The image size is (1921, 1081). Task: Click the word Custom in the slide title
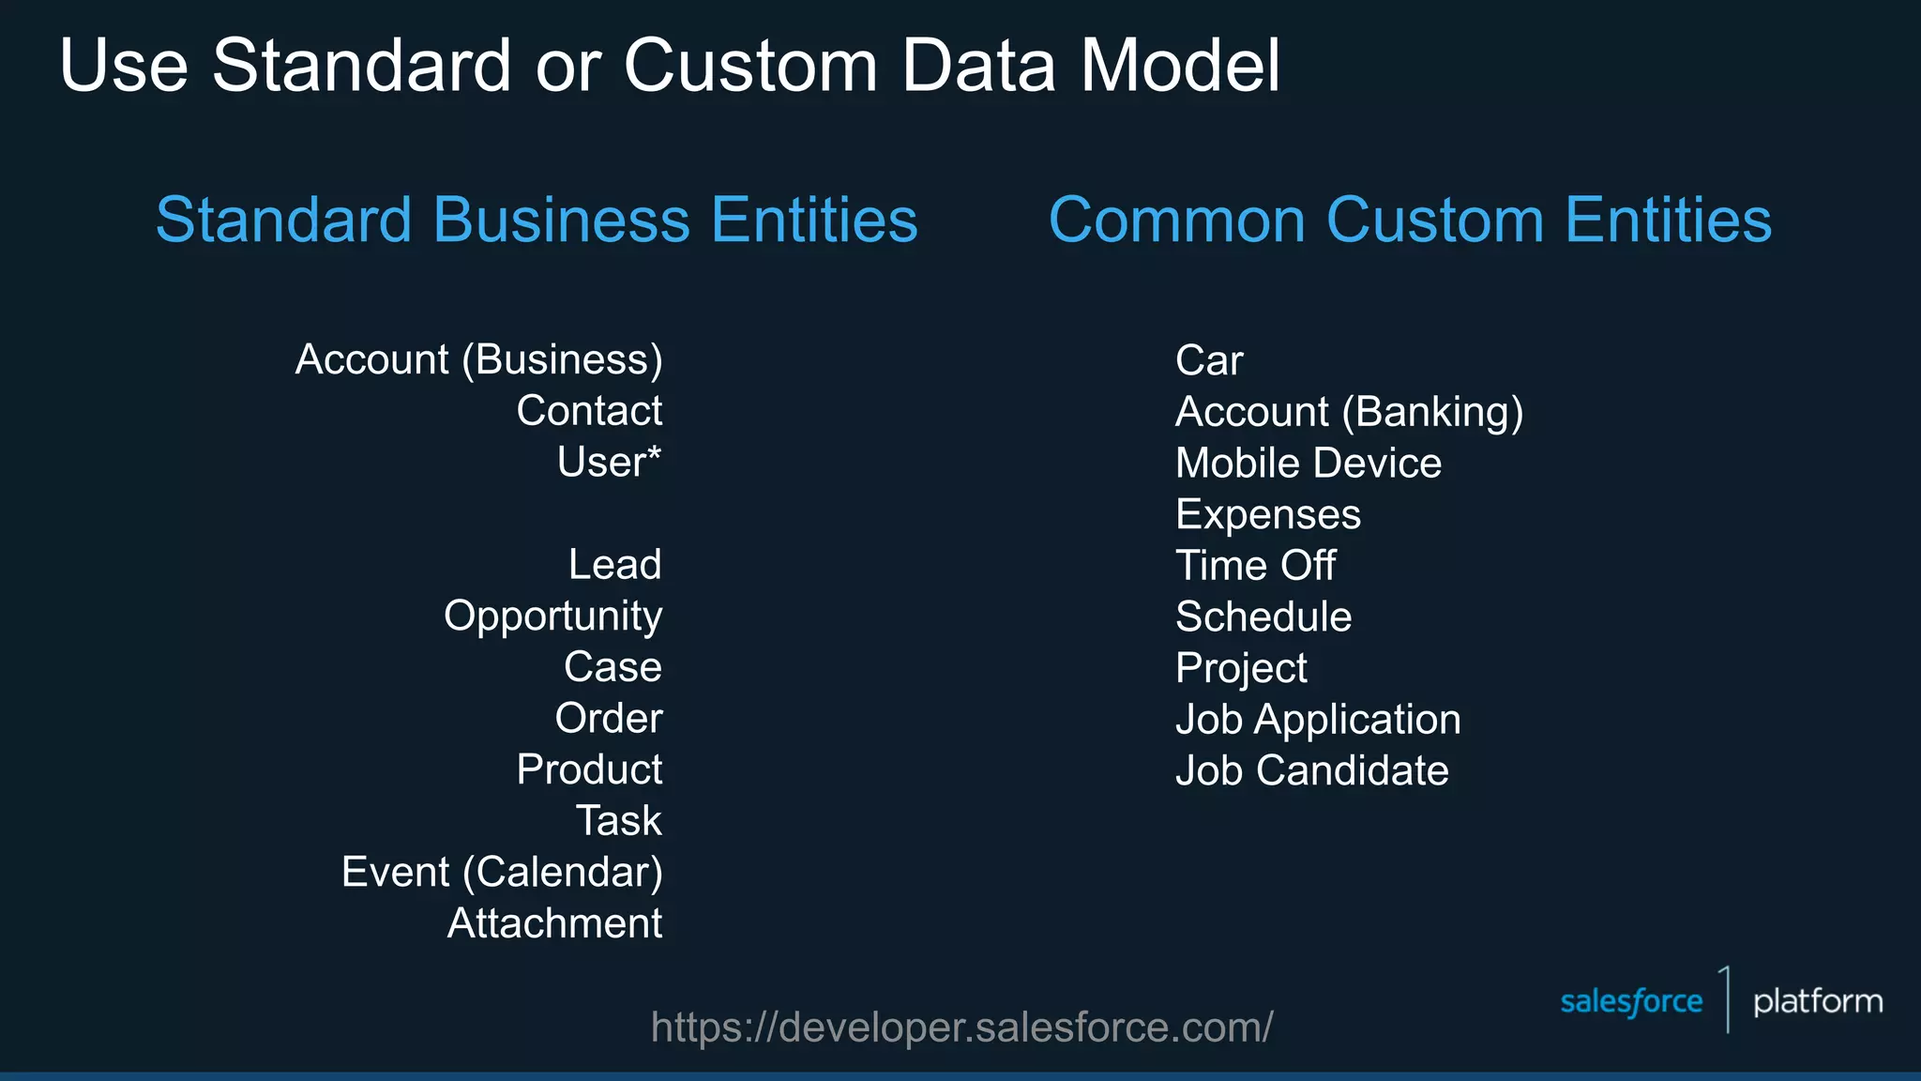750,66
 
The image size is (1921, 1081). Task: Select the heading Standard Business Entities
537,221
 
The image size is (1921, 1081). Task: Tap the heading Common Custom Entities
1410,221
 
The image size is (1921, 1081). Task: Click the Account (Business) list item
478,360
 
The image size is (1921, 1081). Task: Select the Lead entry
615,565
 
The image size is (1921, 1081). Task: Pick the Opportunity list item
553,617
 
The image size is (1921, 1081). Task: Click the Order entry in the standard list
609,719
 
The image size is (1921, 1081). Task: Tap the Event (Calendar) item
502,873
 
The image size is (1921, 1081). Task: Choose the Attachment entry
554,923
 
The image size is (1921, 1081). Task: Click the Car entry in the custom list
1209,361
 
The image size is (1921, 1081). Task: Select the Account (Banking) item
1349,413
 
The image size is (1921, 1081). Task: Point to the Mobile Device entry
1308,464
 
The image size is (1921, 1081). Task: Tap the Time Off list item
1256,566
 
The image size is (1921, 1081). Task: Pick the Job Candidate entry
1312,771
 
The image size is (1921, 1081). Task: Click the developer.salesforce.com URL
961,1028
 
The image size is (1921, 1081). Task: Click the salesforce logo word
1631,1002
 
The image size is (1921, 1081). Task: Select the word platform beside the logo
1818,1002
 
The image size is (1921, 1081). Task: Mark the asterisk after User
654,452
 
